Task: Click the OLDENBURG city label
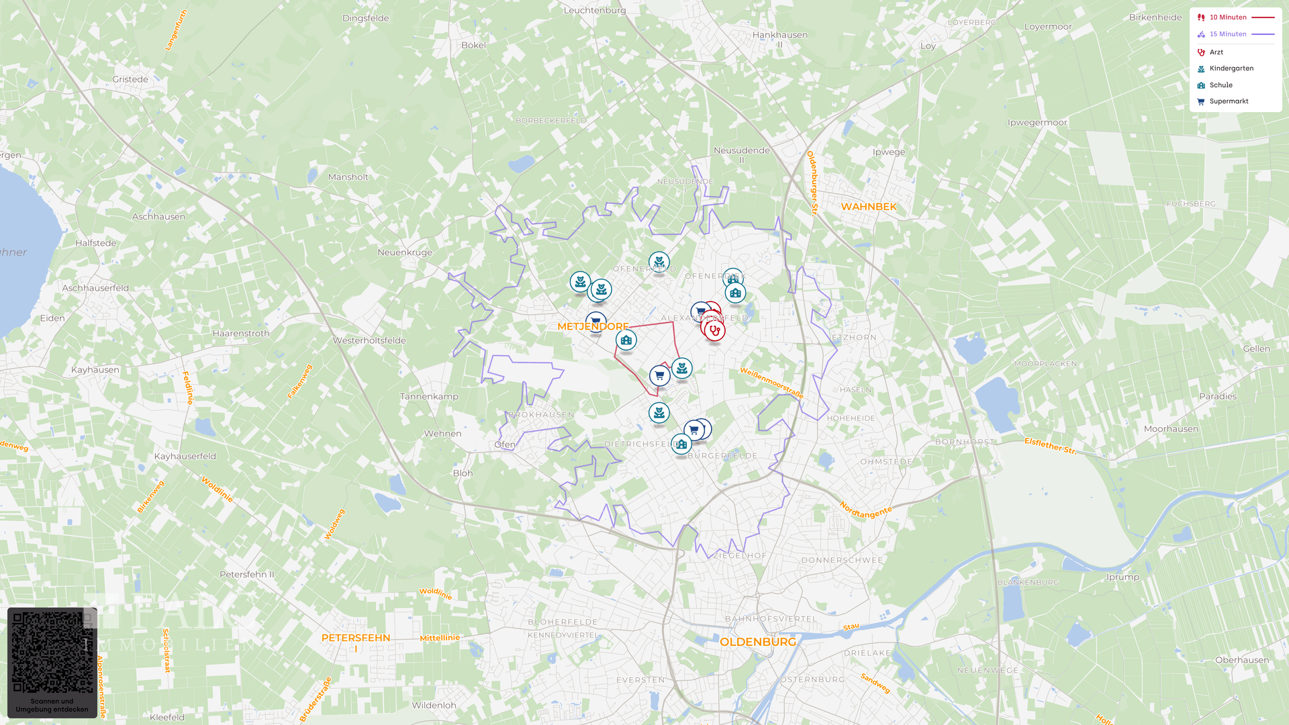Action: point(758,642)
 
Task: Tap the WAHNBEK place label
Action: point(869,207)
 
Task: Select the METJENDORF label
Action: point(593,327)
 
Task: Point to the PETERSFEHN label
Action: point(356,638)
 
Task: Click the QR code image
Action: point(52,652)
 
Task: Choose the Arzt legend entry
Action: point(1216,52)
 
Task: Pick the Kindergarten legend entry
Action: point(1231,68)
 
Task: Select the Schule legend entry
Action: point(1221,85)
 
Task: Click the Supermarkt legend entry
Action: point(1229,101)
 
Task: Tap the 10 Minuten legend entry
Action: point(1228,17)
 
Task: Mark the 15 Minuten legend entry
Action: point(1228,34)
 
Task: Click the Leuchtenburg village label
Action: point(595,10)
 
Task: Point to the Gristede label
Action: point(130,79)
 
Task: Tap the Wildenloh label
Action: point(434,706)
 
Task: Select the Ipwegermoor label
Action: point(1037,123)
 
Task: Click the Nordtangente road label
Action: point(865,511)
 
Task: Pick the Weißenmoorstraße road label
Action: point(771,383)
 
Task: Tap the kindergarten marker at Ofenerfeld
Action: point(659,262)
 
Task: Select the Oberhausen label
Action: point(1242,660)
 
